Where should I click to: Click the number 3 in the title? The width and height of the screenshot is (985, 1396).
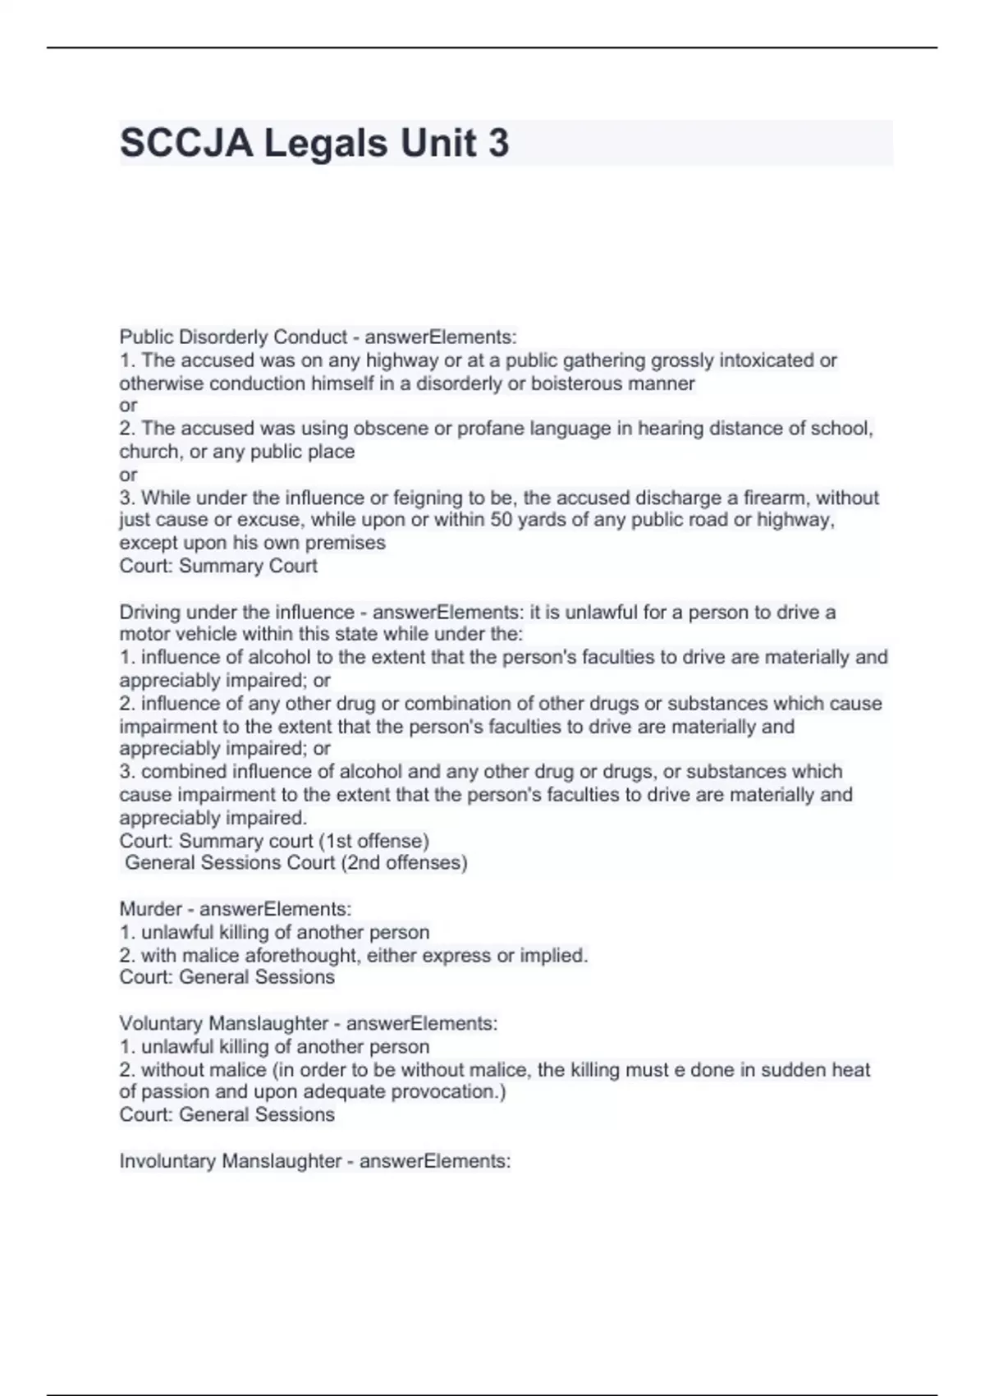tap(498, 143)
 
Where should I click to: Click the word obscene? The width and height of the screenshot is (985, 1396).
tap(385, 429)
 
